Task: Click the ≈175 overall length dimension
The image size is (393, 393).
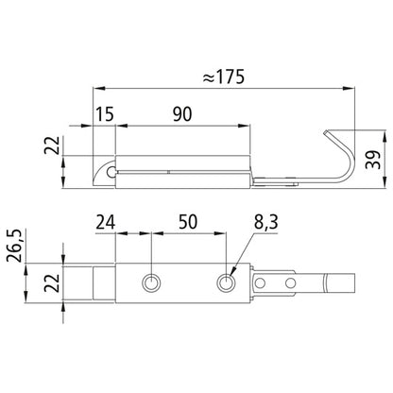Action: coord(224,77)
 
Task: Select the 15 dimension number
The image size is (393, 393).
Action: coord(105,114)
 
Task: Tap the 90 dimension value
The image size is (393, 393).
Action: coord(182,114)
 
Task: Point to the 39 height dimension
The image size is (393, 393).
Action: coord(374,160)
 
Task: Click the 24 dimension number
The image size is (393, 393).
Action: coord(106,222)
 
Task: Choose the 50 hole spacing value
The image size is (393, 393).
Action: coord(188,222)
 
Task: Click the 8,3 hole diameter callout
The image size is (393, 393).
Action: coord(266,222)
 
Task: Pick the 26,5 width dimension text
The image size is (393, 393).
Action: coord(14,246)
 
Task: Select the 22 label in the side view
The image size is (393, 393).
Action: coord(52,145)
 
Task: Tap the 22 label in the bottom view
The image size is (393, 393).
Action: coord(52,282)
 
